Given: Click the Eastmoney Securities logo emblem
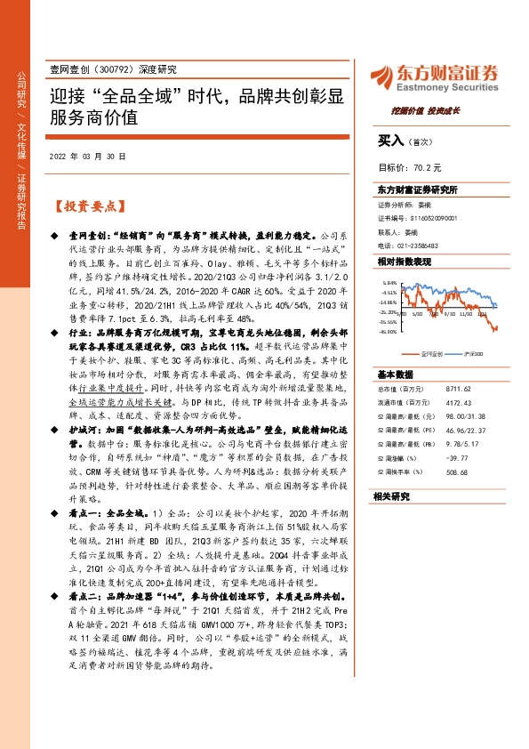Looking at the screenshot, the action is click(x=384, y=73).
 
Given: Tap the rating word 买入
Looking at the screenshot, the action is click(x=390, y=141).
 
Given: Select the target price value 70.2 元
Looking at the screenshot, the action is click(x=435, y=166).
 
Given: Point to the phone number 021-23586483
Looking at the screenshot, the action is click(x=433, y=245).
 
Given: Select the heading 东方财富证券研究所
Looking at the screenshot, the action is click(x=416, y=189).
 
